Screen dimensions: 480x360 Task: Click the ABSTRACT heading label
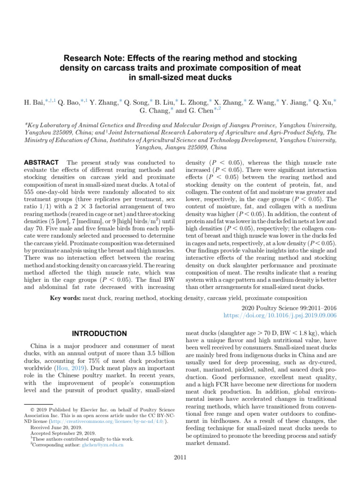[x=41, y=162]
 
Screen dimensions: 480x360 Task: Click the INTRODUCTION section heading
[x=98, y=333]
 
